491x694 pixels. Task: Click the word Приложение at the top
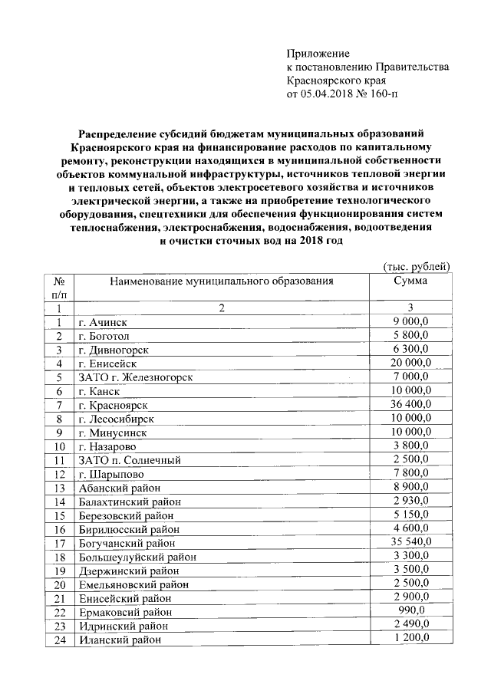tap(318, 54)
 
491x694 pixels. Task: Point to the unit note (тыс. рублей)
tap(415, 266)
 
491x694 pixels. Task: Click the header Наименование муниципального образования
tap(222, 281)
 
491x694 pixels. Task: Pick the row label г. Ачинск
tap(103, 322)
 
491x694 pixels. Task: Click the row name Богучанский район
tap(127, 542)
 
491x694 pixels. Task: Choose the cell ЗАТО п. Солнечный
tap(129, 460)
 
